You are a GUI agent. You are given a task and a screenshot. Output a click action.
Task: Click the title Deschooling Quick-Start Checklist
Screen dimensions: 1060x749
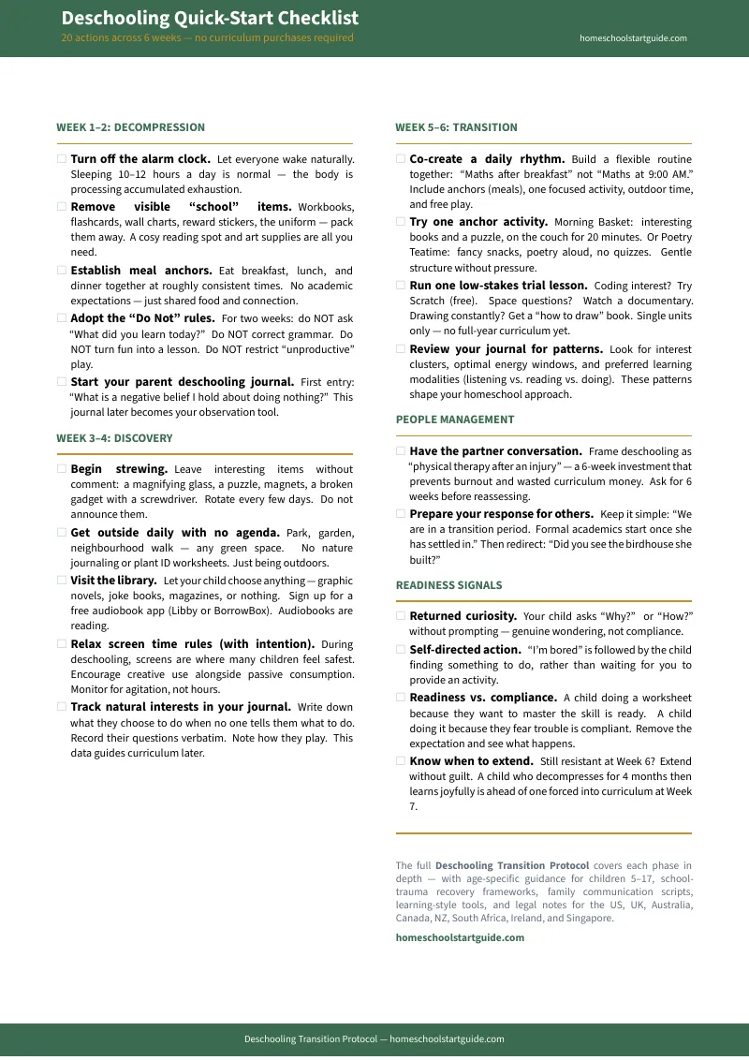(210, 19)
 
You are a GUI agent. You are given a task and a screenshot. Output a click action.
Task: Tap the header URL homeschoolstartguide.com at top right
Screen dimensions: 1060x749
(633, 38)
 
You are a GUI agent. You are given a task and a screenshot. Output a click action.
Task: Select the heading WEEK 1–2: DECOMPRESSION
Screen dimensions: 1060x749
(130, 127)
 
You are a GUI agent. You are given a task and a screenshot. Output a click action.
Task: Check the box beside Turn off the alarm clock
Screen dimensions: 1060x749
(62, 159)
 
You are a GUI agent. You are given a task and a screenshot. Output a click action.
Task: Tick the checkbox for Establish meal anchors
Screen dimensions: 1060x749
(62, 271)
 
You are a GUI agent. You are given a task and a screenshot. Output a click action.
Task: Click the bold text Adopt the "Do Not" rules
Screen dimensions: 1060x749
(142, 318)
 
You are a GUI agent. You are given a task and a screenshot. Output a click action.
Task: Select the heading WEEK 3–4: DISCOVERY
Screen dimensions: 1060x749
(114, 438)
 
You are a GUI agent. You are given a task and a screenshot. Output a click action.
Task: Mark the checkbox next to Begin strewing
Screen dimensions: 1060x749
(62, 469)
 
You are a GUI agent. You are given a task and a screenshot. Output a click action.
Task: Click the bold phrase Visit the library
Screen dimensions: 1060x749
(113, 581)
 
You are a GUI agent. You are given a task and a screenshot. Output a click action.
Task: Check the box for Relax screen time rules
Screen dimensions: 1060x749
(62, 644)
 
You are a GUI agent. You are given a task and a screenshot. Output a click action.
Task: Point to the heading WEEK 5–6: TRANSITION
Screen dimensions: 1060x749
(456, 127)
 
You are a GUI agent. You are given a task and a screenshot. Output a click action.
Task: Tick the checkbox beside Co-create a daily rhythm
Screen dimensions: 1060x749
(401, 159)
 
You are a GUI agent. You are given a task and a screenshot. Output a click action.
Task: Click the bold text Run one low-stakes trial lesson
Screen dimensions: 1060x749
(498, 286)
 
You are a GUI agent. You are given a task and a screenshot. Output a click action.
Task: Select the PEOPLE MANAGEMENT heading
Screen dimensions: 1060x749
(455, 420)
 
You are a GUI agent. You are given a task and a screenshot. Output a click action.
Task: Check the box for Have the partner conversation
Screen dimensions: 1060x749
(401, 451)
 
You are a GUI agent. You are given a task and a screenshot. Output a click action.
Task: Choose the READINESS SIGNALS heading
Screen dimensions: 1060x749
(448, 585)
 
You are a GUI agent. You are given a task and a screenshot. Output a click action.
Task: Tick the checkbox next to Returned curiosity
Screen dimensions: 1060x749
(401, 616)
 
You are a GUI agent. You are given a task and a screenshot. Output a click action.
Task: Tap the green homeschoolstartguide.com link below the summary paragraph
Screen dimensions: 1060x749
(460, 937)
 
